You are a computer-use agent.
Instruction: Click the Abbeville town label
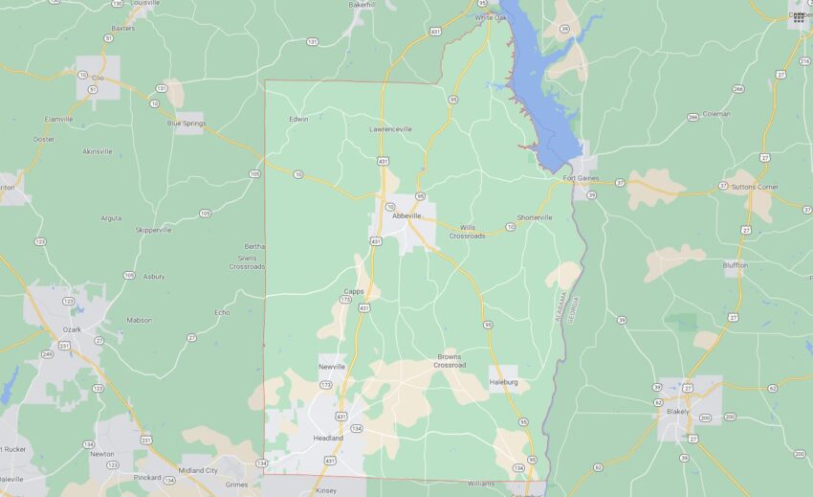coord(406,216)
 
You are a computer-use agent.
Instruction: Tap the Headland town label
coord(329,438)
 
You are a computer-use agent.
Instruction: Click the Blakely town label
coord(677,411)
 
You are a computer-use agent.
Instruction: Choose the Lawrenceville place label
coord(391,128)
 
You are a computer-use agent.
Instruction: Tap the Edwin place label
coord(298,119)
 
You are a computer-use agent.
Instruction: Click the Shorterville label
coord(535,217)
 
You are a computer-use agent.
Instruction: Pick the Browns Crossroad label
coord(450,360)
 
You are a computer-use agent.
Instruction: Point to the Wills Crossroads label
coord(468,232)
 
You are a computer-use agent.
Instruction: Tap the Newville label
coord(331,367)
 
